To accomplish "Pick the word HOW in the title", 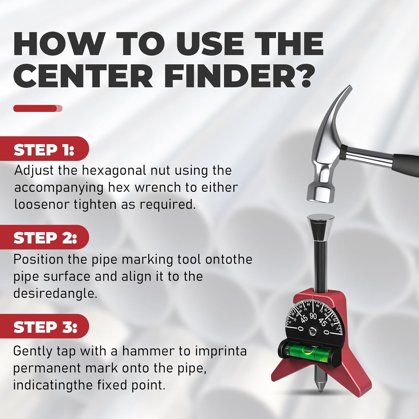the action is click(59, 44).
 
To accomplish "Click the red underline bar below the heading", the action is click(38, 108).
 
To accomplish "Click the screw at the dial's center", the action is click(312, 332).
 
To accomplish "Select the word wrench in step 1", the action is click(158, 187).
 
